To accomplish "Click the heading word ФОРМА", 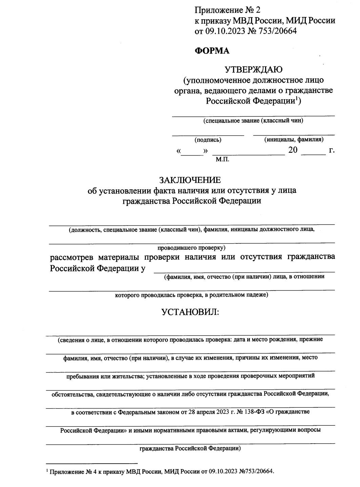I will (212, 51).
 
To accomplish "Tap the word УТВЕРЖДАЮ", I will (254, 70).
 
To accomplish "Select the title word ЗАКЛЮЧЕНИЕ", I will (192, 179).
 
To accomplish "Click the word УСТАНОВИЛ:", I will (191, 312).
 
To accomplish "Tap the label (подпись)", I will (208, 140).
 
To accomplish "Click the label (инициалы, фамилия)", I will (294, 139).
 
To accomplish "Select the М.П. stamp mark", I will (222, 159).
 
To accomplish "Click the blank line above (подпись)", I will (208, 134).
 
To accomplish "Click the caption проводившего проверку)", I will (192, 248).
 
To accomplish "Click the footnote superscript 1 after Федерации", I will (296, 99).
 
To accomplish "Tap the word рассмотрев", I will (72, 257).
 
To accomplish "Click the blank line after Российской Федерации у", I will (244, 271).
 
